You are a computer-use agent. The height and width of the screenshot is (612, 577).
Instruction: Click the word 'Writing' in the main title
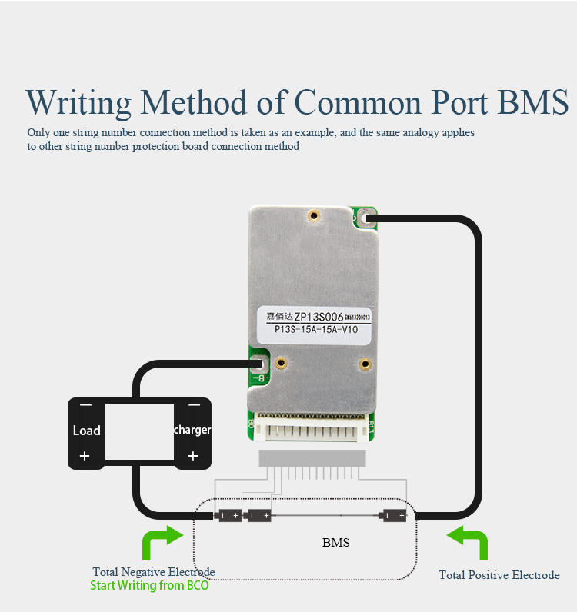(x=78, y=103)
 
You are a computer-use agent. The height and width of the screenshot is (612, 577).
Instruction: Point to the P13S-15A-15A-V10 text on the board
(x=316, y=330)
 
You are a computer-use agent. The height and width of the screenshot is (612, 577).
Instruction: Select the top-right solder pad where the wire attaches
(x=368, y=219)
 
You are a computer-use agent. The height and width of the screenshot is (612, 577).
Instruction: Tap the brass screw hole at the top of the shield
(x=313, y=216)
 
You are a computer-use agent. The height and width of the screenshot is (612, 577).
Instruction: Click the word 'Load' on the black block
(x=86, y=431)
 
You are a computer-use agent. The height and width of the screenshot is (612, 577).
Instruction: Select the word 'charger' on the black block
(x=192, y=430)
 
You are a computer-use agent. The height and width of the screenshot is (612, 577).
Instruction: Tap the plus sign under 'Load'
(x=85, y=457)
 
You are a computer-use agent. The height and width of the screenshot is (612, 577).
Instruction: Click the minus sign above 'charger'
(x=194, y=405)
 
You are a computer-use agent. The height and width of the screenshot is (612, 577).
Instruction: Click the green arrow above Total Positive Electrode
(x=468, y=541)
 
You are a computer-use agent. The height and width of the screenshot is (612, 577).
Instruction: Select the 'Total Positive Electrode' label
(x=499, y=575)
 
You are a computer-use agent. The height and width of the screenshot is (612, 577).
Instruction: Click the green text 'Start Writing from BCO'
(x=149, y=586)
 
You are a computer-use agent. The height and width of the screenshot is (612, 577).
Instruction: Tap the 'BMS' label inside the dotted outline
(x=336, y=543)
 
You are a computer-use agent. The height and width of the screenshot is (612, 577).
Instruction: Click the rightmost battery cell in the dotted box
(x=392, y=516)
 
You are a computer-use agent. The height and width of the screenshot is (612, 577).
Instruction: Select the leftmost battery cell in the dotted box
(x=228, y=516)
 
